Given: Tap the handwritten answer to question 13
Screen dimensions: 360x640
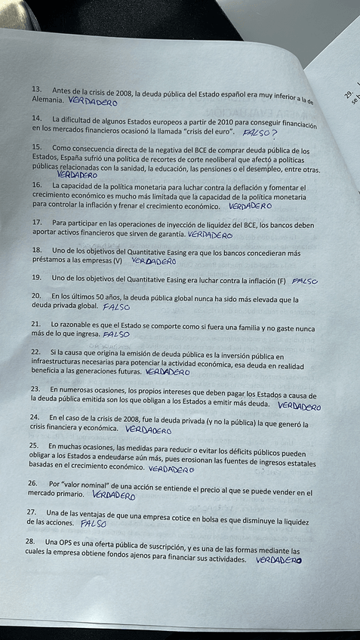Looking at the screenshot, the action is tap(93, 100).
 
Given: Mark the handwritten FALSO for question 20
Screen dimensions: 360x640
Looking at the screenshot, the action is tap(115, 308).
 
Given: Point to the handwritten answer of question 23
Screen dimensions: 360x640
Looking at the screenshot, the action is tap(299, 406).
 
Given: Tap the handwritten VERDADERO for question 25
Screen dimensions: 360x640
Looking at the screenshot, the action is tap(171, 469).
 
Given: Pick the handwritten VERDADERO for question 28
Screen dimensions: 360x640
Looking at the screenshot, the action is tap(278, 561).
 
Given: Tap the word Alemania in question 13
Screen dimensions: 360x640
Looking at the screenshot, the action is tap(47, 100).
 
